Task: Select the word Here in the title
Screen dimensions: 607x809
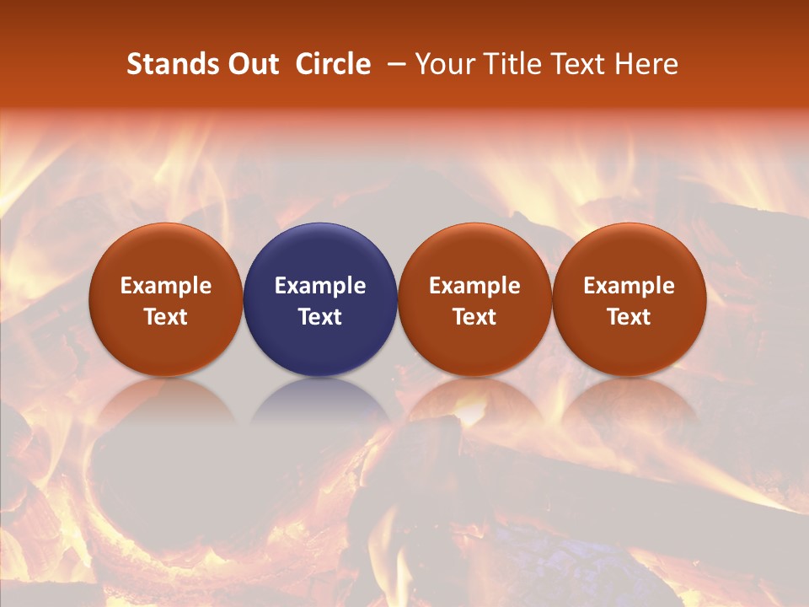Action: point(646,64)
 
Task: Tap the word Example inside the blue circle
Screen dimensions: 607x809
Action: point(320,286)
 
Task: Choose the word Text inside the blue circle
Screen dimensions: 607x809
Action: point(320,317)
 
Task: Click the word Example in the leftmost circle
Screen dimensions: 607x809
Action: point(166,286)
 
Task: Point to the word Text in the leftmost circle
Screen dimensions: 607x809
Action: point(166,317)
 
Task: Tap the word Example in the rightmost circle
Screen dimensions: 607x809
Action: point(630,286)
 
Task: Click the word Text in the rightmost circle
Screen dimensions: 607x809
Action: point(630,317)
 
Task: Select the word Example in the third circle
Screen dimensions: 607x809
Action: point(474,286)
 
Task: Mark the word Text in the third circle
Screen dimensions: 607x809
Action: point(474,317)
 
